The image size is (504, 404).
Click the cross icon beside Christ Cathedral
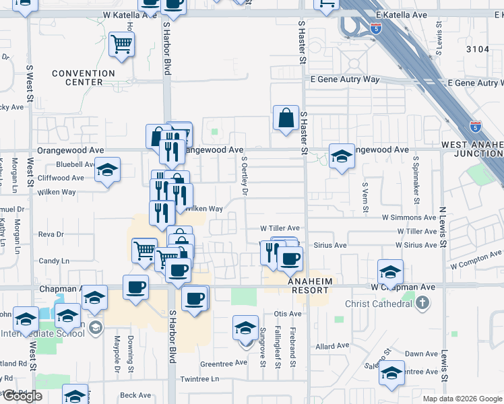(422, 304)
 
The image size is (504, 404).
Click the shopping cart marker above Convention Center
(121, 45)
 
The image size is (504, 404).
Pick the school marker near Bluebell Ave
(106, 171)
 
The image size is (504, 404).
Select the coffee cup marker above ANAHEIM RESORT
(290, 259)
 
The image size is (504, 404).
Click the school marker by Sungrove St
(246, 328)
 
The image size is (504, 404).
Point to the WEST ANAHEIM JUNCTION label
(472, 149)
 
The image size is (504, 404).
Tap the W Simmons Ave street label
(409, 217)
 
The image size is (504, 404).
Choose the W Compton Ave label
(476, 260)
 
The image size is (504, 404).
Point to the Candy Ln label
(54, 261)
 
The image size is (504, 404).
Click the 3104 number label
(477, 48)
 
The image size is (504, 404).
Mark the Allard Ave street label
(332, 346)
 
